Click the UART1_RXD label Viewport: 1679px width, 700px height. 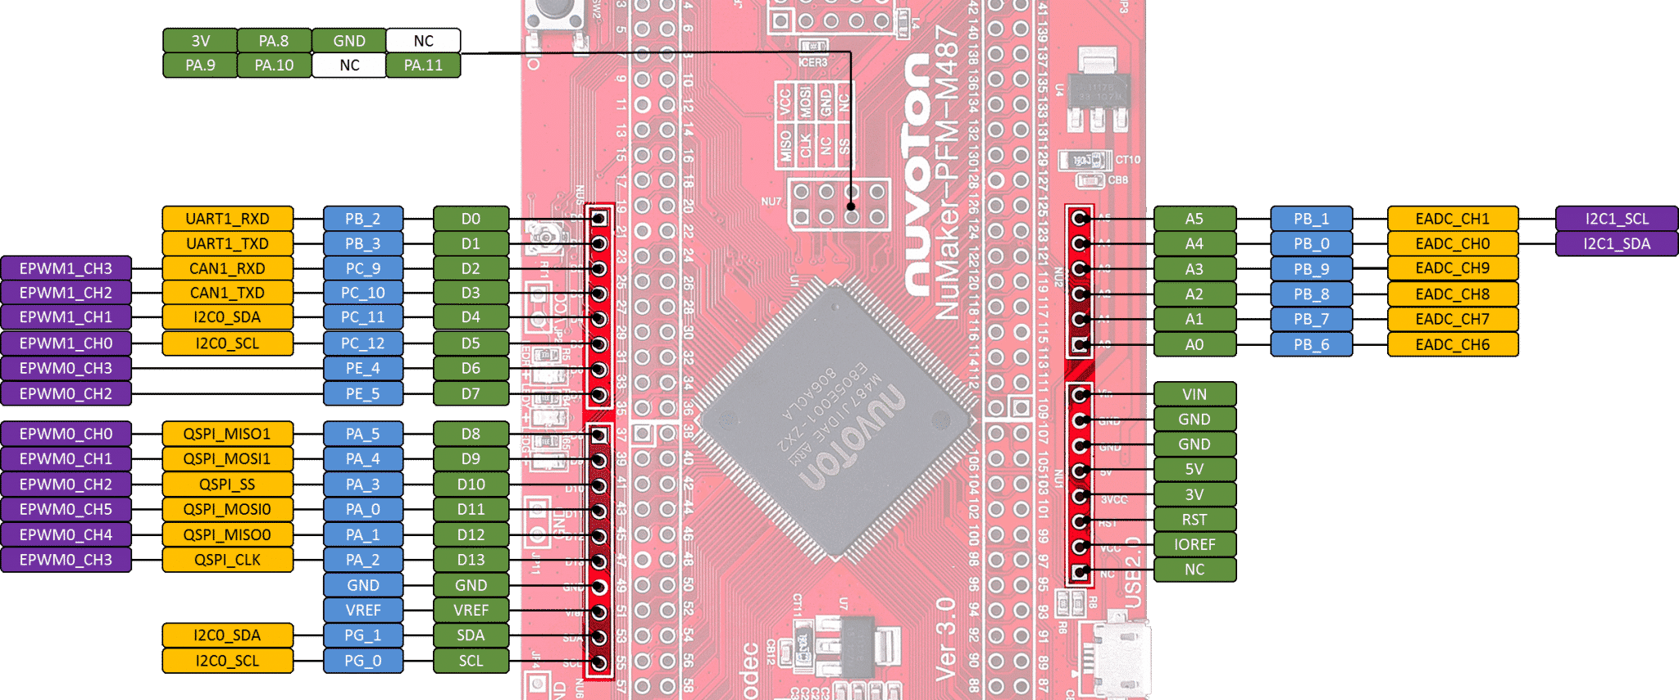[x=227, y=219]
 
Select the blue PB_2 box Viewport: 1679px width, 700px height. [x=362, y=219]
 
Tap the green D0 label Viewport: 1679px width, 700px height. [x=471, y=219]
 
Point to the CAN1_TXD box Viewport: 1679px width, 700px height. [x=227, y=293]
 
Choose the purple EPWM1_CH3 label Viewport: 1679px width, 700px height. [x=66, y=268]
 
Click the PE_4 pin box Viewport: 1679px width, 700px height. [x=362, y=368]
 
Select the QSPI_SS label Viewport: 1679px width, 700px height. [x=227, y=484]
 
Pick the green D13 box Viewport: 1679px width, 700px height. [x=471, y=560]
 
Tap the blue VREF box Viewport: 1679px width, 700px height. [x=362, y=610]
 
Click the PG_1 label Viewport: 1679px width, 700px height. [x=362, y=635]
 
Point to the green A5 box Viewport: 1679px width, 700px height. [x=1194, y=219]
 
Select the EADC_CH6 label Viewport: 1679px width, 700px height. [x=1452, y=344]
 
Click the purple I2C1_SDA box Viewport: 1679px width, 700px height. [x=1616, y=243]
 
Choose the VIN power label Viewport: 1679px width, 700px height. [x=1194, y=394]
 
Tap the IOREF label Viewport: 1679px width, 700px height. [x=1194, y=544]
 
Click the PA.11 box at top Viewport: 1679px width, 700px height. [x=423, y=65]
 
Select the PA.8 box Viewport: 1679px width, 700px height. [x=274, y=40]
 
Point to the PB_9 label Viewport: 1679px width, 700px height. [x=1311, y=269]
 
